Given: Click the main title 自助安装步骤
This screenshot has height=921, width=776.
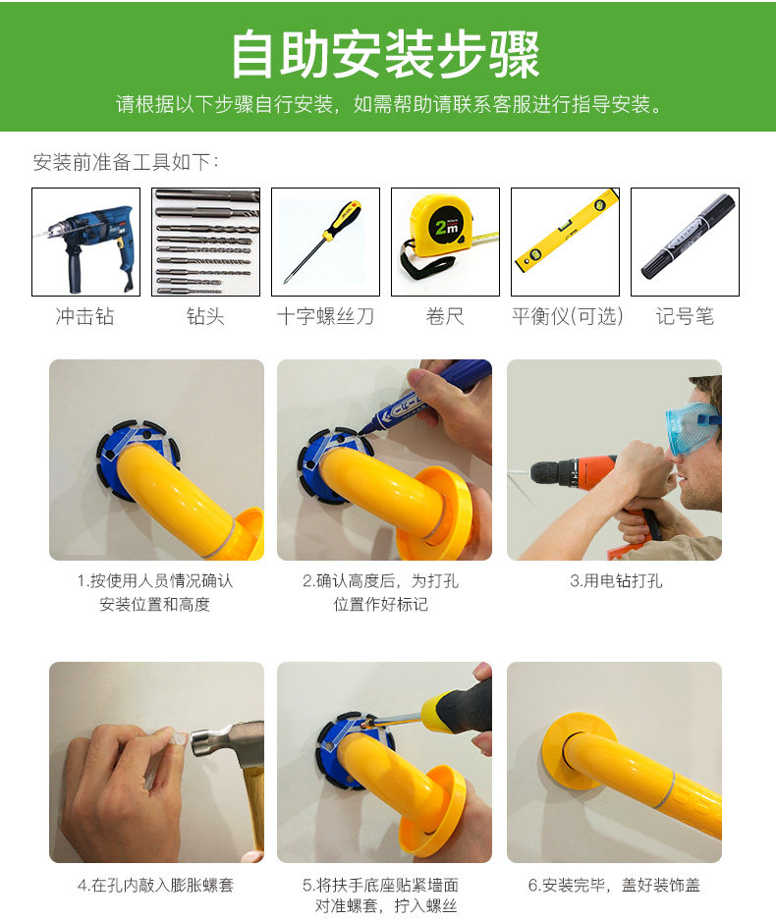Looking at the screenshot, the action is coord(386,54).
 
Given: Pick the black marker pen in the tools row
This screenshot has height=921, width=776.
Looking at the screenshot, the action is coord(688,235).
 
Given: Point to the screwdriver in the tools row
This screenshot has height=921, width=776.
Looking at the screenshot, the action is coord(323,241).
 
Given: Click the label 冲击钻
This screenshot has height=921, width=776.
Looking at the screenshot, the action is coord(84,316).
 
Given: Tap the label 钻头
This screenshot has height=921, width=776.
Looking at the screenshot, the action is coord(205,316).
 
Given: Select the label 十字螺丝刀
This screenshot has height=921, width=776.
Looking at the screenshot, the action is coord(325,316).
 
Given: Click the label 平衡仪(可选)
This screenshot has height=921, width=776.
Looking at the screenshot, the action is coord(567,316).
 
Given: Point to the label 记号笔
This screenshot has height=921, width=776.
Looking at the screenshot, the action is coord(685,316).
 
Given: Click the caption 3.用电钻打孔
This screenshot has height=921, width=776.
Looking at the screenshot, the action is coord(616,581).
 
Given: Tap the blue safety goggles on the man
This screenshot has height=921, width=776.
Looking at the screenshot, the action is coord(692,425).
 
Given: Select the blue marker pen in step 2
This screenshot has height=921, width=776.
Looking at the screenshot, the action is coord(426,395).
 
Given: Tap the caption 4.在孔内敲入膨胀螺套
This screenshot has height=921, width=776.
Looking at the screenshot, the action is coord(155,885).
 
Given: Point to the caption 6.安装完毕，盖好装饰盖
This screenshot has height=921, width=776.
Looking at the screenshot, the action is coord(615,885).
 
